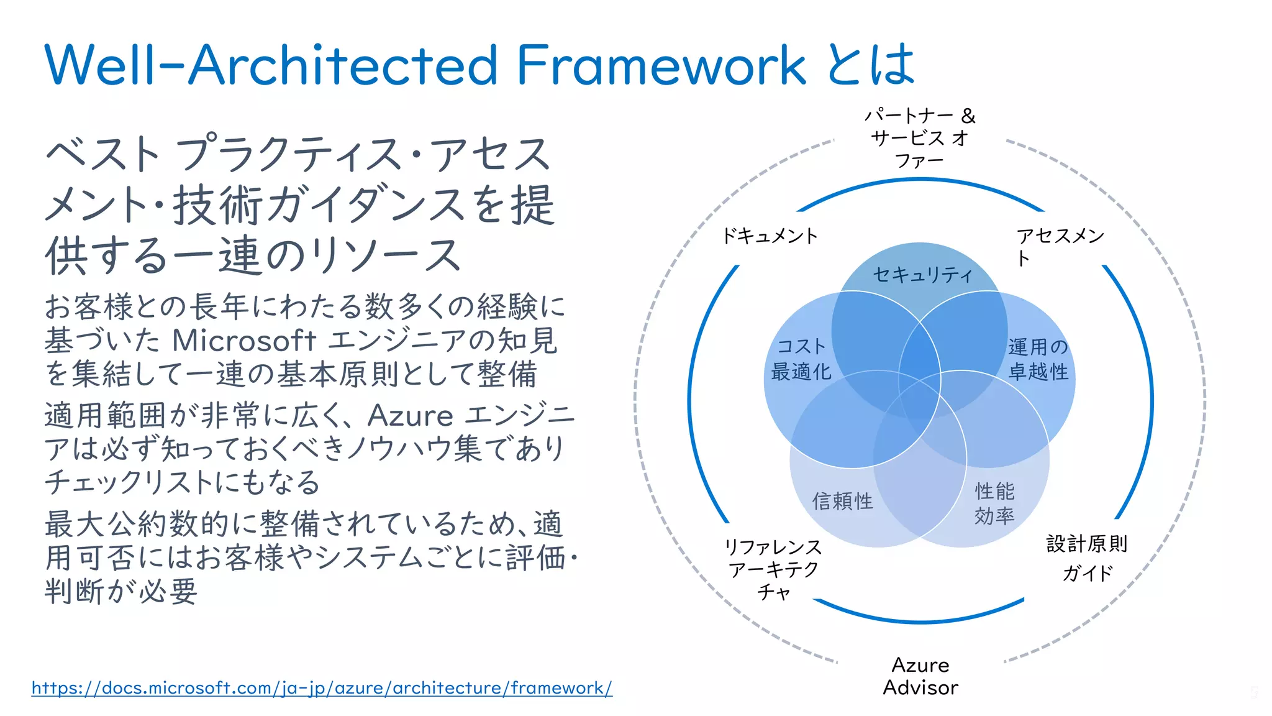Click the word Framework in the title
coord(661,65)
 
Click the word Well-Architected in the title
coord(271,65)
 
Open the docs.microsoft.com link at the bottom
coord(322,688)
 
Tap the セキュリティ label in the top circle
coord(922,275)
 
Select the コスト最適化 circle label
coord(801,359)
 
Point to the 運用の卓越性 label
coord(1038,359)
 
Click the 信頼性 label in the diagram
coord(842,501)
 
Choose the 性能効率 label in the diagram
coord(994,503)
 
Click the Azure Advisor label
coord(920,676)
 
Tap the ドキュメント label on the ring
coord(770,236)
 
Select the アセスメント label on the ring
coord(1060,246)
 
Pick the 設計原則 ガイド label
coord(1087,558)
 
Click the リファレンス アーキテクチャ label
coord(774,569)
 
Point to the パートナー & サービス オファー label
coord(919,138)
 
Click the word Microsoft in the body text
coord(244,340)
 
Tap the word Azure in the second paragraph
coord(410,416)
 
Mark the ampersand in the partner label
coord(968,116)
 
